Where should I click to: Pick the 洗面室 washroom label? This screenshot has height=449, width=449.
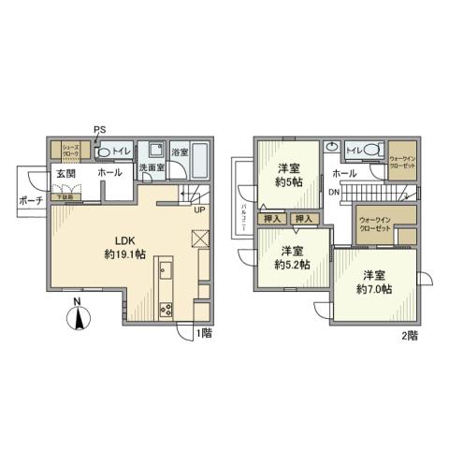coord(152,168)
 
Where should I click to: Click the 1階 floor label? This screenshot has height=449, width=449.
coord(203,332)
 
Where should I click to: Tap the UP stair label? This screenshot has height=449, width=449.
coord(198,209)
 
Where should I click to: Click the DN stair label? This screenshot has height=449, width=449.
coord(333,193)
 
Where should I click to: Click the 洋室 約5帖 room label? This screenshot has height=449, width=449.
coord(288,175)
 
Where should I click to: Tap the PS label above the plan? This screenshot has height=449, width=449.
coord(98,130)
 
